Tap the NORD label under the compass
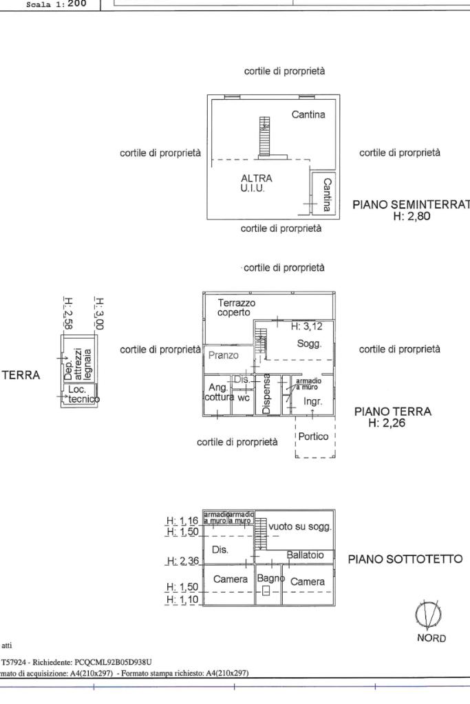(431, 638)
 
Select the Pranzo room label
(223, 356)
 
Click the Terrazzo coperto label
(237, 308)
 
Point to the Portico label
(315, 436)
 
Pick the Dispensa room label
(267, 394)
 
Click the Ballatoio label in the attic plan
(310, 555)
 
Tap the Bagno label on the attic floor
(267, 579)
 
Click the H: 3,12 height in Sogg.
(306, 326)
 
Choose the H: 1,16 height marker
(182, 521)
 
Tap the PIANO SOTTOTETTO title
(405, 559)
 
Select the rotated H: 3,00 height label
(99, 314)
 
